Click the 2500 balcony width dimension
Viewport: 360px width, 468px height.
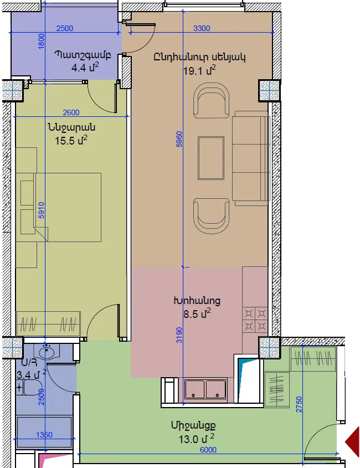[x=65, y=28]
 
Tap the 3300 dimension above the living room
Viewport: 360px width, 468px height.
[x=202, y=28]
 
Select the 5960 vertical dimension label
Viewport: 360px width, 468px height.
[x=179, y=139]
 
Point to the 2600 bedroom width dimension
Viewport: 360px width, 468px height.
[x=71, y=112]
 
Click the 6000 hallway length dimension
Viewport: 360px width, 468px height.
[x=208, y=450]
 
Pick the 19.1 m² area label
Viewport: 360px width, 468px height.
[x=199, y=71]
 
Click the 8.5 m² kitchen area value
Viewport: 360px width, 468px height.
[x=197, y=313]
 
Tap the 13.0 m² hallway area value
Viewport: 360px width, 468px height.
[x=197, y=439]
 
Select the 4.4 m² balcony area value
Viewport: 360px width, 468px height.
[x=85, y=67]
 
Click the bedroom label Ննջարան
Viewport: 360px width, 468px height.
[x=71, y=127]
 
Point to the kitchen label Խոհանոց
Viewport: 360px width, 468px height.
[x=197, y=301]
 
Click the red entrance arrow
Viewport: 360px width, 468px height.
[x=352, y=442]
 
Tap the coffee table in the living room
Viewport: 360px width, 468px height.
[x=211, y=158]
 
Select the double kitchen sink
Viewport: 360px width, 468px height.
[x=205, y=389]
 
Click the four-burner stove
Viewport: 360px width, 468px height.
[x=255, y=320]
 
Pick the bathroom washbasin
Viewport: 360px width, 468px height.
[x=47, y=352]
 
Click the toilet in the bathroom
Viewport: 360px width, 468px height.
[x=29, y=388]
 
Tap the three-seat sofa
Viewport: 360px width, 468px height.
[x=251, y=158]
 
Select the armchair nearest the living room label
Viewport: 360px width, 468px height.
[x=212, y=100]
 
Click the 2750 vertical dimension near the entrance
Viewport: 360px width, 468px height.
[x=299, y=404]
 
